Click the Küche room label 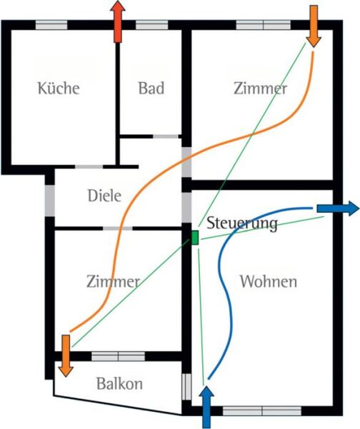pos(59,88)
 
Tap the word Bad pos(151,88)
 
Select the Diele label pos(104,196)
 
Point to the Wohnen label pos(269,281)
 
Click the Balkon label pos(119,383)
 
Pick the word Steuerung pos(242,223)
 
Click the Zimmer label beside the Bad pos(260,88)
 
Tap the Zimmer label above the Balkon pos(113,281)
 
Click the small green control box pos(195,238)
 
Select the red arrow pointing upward pos(118,21)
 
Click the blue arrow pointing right pos(338,208)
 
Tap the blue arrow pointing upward pos(206,407)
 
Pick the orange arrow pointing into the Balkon pos(66,355)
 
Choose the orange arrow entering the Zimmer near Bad pos(314,26)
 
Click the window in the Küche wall pos(51,25)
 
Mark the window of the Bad pos(152,25)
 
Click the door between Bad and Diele pos(166,136)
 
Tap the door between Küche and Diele pos(89,166)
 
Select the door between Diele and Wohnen pos(186,208)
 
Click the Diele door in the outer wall pos(50,201)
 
